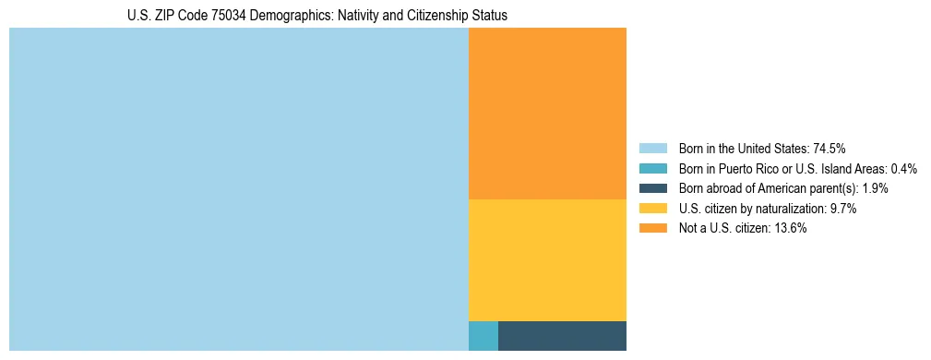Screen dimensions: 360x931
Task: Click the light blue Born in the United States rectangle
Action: tap(238, 189)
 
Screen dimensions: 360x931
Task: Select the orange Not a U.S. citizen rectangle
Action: tap(547, 114)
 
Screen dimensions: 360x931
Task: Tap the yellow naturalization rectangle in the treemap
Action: tap(547, 260)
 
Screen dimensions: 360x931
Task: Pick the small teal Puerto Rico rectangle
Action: tap(483, 336)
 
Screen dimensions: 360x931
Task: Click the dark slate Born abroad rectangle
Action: tap(562, 336)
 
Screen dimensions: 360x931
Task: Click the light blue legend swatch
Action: tap(652, 149)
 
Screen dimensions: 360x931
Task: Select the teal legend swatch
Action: tap(652, 169)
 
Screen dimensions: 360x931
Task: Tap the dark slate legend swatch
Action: tap(652, 188)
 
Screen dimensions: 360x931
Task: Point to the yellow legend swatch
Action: tap(652, 209)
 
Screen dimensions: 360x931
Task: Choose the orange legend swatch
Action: tap(652, 229)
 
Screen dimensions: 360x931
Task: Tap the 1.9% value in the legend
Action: tap(875, 188)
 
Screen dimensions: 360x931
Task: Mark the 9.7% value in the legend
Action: tap(843, 209)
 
